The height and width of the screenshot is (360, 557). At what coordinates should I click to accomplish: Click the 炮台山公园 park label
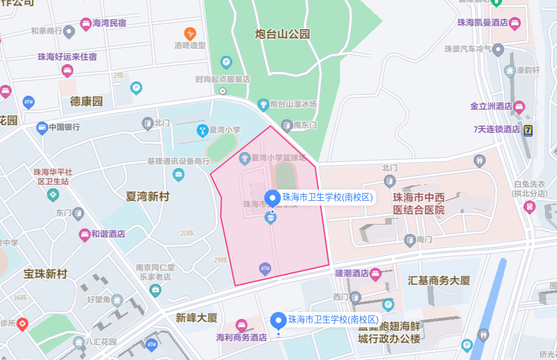pyautogui.click(x=283, y=34)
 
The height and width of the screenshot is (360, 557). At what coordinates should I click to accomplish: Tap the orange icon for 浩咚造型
pyautogui.click(x=190, y=33)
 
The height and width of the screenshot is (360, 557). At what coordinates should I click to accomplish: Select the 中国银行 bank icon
pyautogui.click(x=42, y=127)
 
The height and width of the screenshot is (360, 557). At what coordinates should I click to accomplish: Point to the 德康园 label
pyautogui.click(x=87, y=101)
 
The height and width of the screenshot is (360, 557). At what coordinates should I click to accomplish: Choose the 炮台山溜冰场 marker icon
pyautogui.click(x=263, y=105)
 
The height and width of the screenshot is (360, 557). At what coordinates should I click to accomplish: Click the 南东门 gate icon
pyautogui.click(x=287, y=125)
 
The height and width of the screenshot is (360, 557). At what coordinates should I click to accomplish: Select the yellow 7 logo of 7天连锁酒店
pyautogui.click(x=528, y=129)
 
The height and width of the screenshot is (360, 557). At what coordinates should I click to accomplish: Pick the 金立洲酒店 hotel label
pyautogui.click(x=491, y=106)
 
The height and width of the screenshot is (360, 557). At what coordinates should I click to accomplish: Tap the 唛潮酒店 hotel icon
pyautogui.click(x=375, y=274)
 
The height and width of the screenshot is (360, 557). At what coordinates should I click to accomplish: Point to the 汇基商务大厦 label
pyautogui.click(x=439, y=280)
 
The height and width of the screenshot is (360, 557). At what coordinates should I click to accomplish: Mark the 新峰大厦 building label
pyautogui.click(x=197, y=318)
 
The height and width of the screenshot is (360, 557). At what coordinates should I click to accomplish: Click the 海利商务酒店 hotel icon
pyautogui.click(x=241, y=325)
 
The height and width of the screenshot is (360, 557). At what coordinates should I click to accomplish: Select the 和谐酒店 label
pyautogui.click(x=108, y=234)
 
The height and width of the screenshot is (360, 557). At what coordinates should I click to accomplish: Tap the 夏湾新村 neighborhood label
pyautogui.click(x=148, y=196)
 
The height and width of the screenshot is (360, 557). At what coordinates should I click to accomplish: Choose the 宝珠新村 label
pyautogui.click(x=46, y=274)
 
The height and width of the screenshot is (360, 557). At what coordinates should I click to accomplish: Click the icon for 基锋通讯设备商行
pyautogui.click(x=179, y=175)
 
